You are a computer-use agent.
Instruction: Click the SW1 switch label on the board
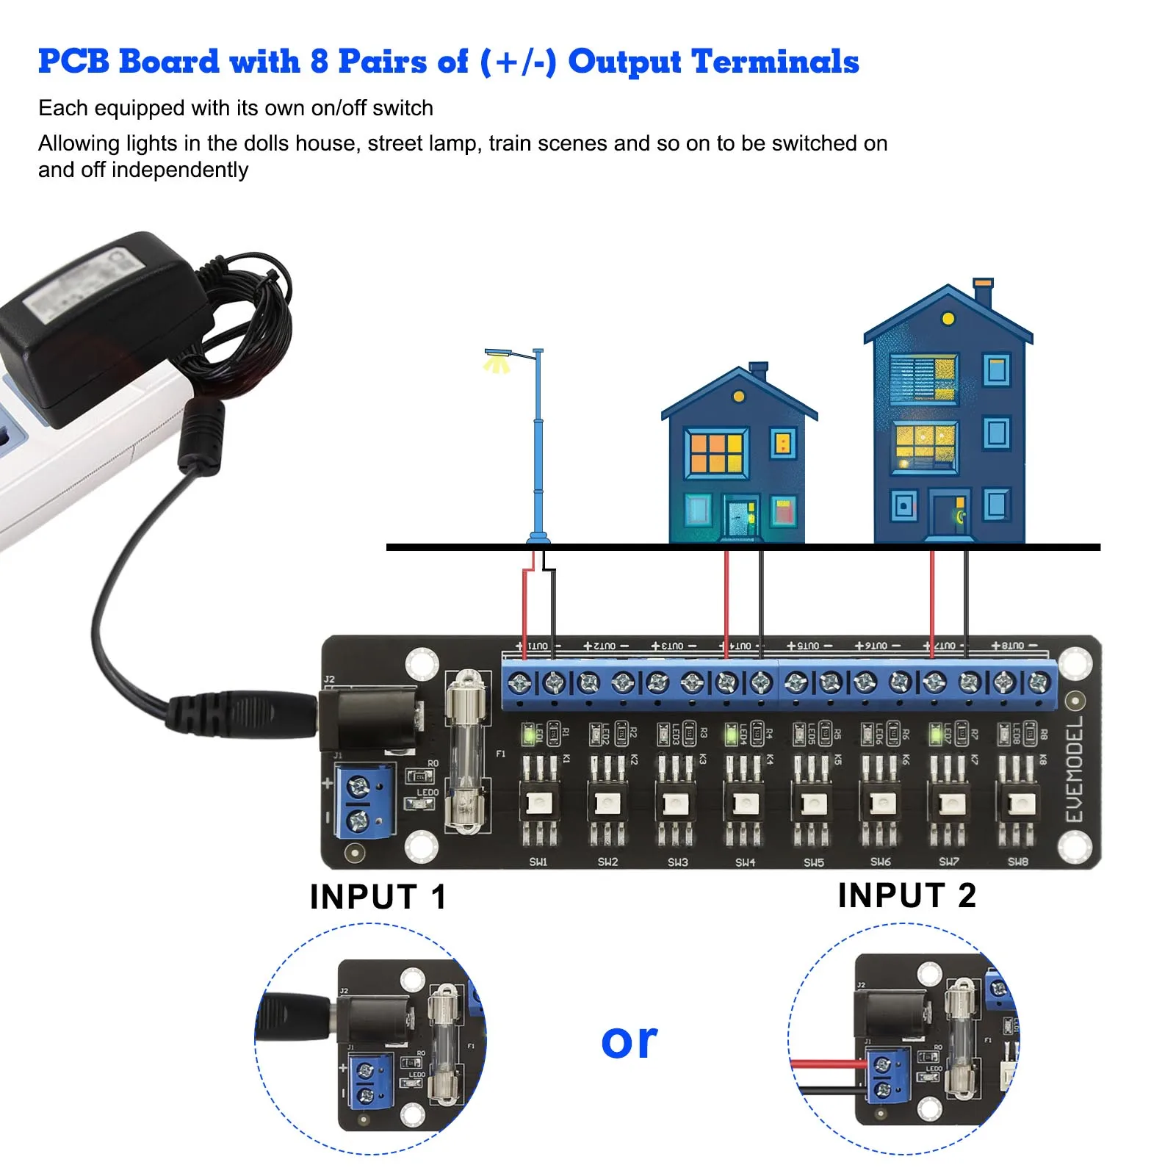(x=538, y=862)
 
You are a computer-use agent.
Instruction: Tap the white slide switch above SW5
(x=813, y=804)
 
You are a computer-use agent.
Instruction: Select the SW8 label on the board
(x=1017, y=862)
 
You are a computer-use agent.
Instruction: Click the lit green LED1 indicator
(x=527, y=733)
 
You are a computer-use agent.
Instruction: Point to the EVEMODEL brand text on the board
(x=1074, y=769)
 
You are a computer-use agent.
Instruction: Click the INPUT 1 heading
(x=378, y=897)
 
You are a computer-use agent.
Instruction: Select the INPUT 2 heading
(x=906, y=895)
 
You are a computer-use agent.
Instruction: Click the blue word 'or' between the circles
(x=629, y=1041)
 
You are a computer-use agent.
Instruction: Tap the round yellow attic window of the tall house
(x=948, y=319)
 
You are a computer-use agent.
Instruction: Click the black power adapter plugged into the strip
(x=103, y=323)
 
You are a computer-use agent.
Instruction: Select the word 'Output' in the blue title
(x=624, y=62)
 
